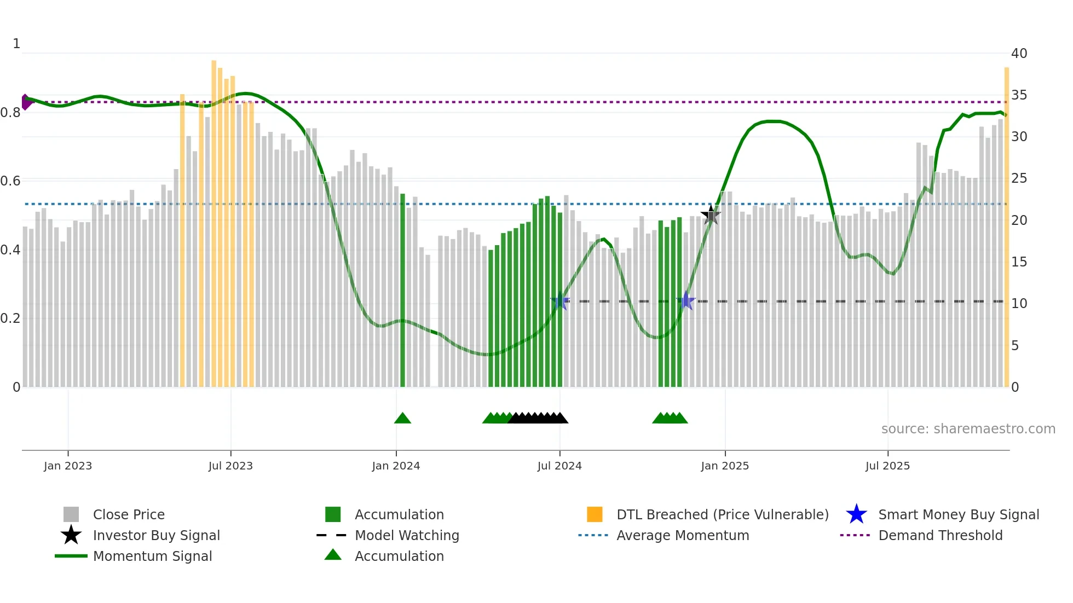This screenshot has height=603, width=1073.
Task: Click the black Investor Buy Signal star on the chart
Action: [711, 215]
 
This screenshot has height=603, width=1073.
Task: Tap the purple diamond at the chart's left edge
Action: [26, 102]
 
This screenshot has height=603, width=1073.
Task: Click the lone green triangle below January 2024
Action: [402, 419]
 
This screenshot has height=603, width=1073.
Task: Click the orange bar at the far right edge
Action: [1006, 227]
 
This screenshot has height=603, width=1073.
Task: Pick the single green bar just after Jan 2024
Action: [403, 290]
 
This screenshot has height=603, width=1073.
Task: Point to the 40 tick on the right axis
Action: [1019, 54]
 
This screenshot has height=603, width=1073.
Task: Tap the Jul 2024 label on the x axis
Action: [559, 466]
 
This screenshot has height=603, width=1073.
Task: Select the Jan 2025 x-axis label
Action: [725, 466]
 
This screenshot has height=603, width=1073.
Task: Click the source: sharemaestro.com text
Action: [968, 429]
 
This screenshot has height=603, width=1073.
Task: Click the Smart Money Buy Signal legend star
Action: [856, 514]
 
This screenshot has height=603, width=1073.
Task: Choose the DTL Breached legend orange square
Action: [595, 514]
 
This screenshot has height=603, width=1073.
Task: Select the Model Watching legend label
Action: [407, 535]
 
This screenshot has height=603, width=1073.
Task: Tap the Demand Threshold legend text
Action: [940, 535]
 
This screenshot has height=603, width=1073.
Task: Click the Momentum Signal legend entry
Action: [152, 556]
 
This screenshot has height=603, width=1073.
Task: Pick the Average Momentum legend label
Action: [683, 535]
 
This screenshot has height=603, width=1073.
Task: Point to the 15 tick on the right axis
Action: [1019, 262]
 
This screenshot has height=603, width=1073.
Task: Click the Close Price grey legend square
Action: [71, 514]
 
